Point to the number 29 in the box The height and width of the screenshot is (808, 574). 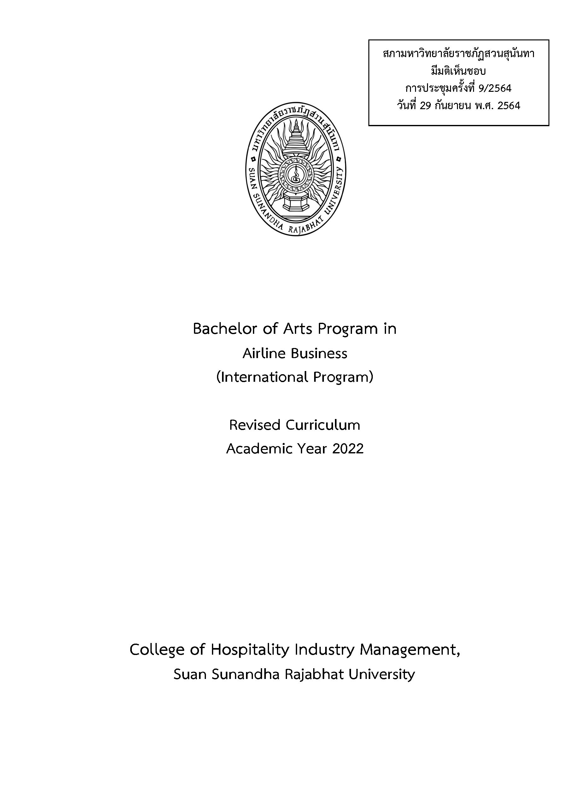point(425,106)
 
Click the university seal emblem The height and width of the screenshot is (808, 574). point(296,170)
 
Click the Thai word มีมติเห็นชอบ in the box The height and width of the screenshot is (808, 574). point(459,71)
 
